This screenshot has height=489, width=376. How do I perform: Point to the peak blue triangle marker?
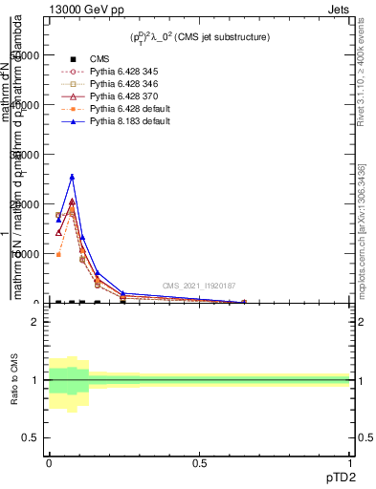(72, 177)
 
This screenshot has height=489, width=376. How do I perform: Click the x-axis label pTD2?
(340, 475)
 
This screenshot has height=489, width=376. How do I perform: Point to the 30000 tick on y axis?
(24, 155)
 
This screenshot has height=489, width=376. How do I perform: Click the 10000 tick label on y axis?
(24, 254)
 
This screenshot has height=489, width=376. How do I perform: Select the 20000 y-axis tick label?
(24, 204)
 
